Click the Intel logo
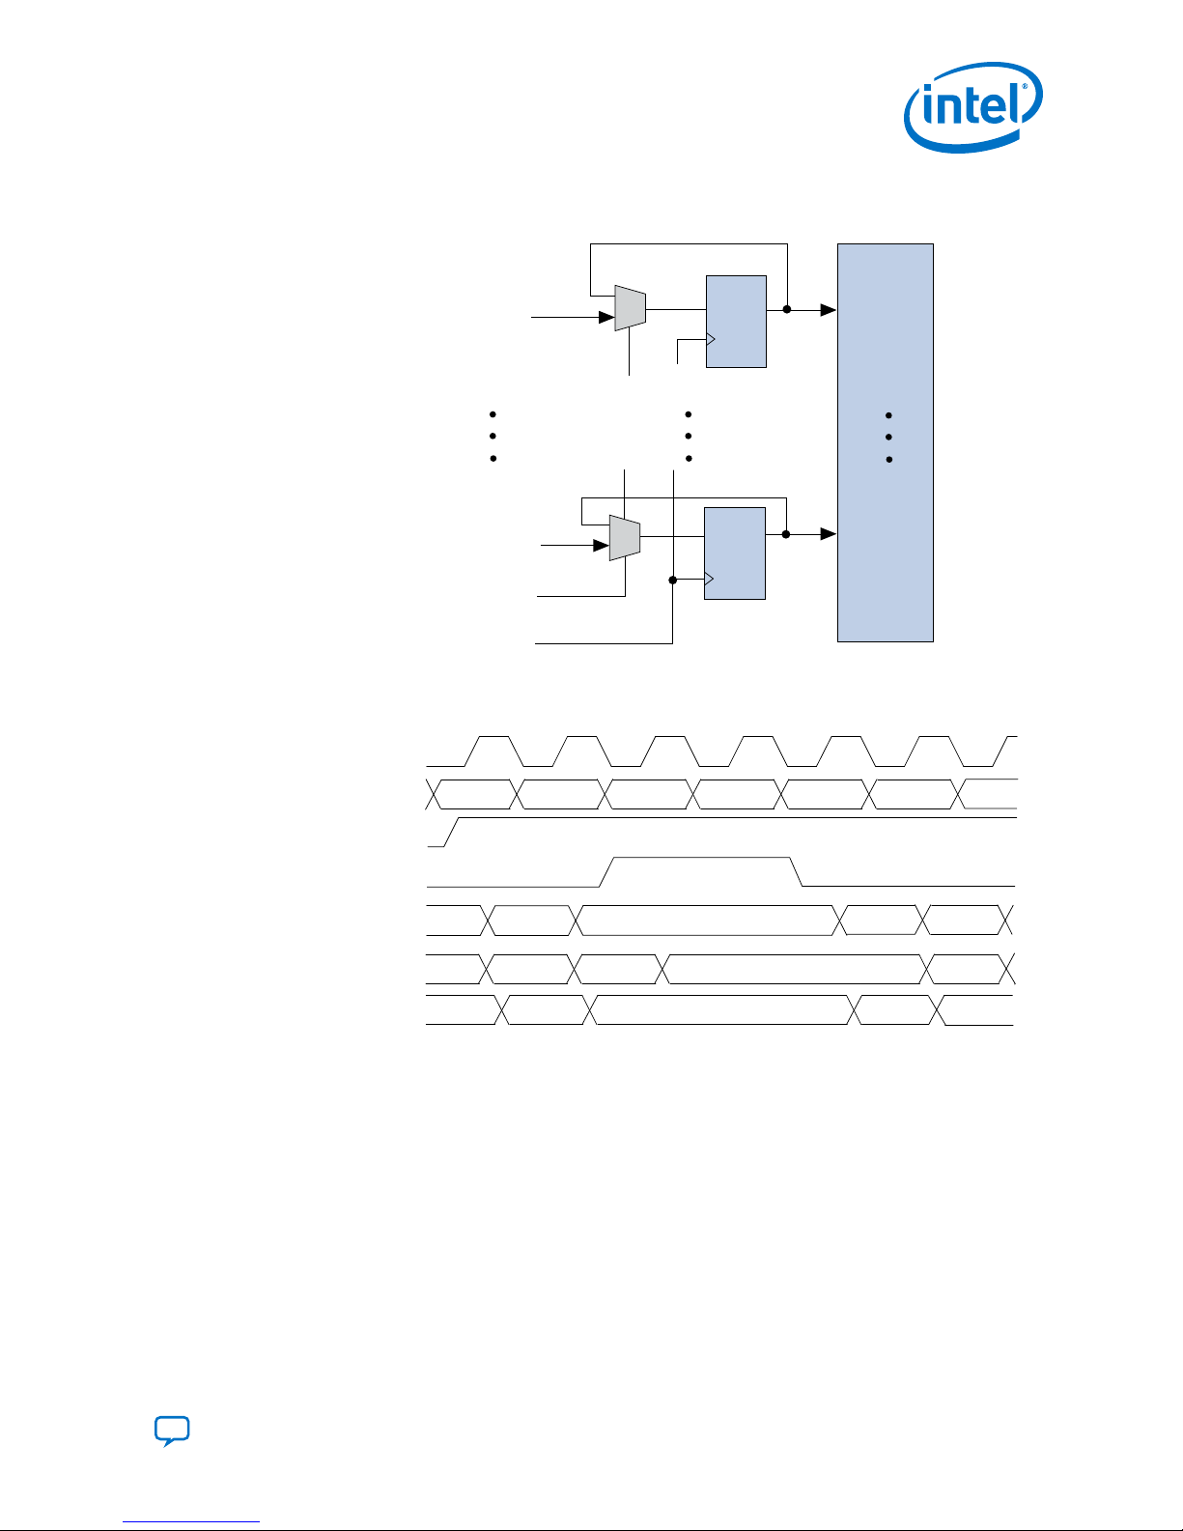click(973, 107)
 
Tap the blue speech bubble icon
click(172, 1431)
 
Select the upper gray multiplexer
click(631, 308)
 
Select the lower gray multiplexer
click(625, 538)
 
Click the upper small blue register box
click(736, 322)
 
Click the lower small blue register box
click(735, 553)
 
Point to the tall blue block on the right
click(886, 442)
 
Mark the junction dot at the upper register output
click(787, 309)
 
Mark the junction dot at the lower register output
click(786, 534)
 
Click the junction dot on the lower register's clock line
click(672, 580)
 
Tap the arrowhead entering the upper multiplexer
click(606, 317)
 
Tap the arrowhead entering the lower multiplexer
click(602, 546)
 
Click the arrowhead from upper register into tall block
click(829, 310)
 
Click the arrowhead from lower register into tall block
click(829, 534)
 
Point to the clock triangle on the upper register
click(711, 340)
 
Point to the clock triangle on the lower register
click(709, 580)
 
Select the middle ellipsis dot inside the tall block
click(888, 437)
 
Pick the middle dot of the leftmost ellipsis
click(493, 437)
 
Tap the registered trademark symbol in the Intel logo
click(1025, 87)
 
